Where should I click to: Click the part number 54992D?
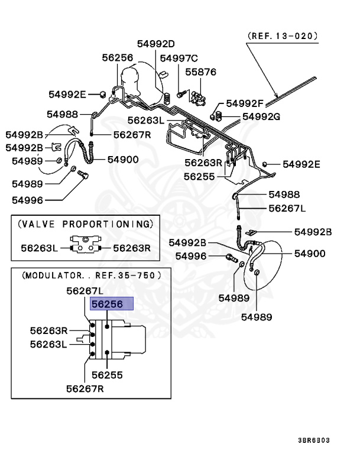(156, 44)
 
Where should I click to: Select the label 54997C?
(179, 58)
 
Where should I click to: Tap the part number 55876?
(201, 72)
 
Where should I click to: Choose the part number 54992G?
(261, 116)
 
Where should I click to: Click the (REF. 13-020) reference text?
(283, 35)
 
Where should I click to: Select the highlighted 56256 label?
(111, 304)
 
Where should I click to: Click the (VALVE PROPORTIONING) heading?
(85, 224)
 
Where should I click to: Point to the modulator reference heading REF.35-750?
(90, 275)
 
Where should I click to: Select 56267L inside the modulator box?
(85, 290)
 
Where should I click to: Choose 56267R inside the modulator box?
(85, 388)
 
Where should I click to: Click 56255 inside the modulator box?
(107, 375)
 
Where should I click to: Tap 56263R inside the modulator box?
(49, 330)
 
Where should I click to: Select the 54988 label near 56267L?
(284, 194)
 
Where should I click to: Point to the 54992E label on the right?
(301, 164)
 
